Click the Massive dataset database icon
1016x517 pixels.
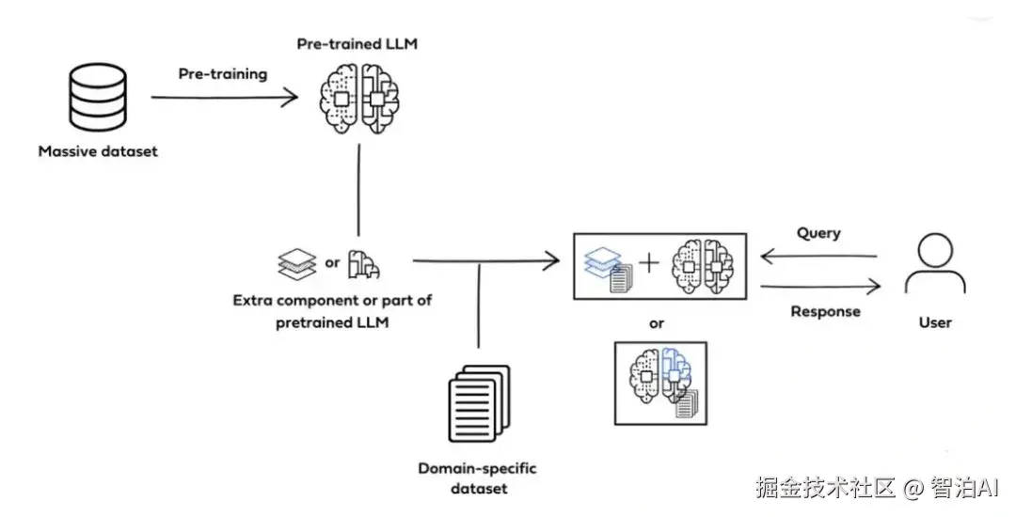pyautogui.click(x=99, y=99)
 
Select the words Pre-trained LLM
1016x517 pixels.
pyautogui.click(x=358, y=44)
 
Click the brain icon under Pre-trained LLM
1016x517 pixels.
pyautogui.click(x=358, y=98)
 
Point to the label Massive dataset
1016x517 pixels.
pyautogui.click(x=98, y=151)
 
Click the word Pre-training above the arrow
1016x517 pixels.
pyautogui.click(x=223, y=73)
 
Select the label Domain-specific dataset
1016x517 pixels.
pyautogui.click(x=478, y=478)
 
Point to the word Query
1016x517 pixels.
pyautogui.click(x=818, y=233)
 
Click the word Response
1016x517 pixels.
pyautogui.click(x=825, y=311)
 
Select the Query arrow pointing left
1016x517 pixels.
pyautogui.click(x=818, y=256)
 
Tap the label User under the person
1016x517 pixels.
pyautogui.click(x=935, y=322)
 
